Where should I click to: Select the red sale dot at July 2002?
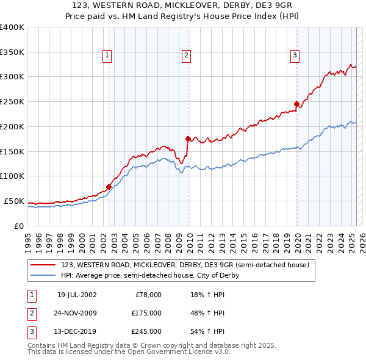point(109,187)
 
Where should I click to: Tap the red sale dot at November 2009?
point(188,139)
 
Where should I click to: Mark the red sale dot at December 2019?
point(296,104)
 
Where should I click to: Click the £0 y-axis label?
point(18,226)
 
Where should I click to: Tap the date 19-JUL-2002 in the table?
point(77,295)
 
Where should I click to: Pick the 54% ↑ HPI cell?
point(207,331)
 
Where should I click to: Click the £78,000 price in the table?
point(148,295)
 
